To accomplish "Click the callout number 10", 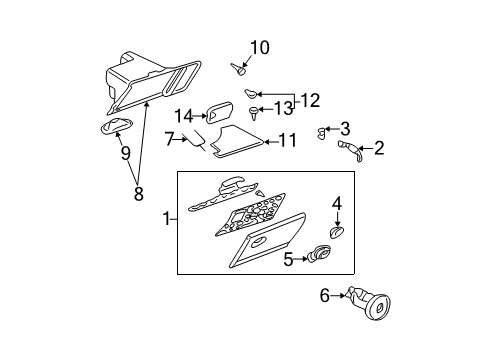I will (x=260, y=46).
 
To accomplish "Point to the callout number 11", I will (x=287, y=142).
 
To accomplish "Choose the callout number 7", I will (x=170, y=137).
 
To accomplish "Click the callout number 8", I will (x=139, y=194).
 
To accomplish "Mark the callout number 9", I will (x=126, y=153).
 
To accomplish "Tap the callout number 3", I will (x=344, y=128).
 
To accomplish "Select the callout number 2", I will (x=379, y=150).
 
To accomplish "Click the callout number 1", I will (x=167, y=217).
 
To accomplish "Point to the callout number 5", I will (x=289, y=259).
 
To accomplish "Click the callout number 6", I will (x=324, y=295).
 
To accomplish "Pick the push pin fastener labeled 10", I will (x=239, y=69).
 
